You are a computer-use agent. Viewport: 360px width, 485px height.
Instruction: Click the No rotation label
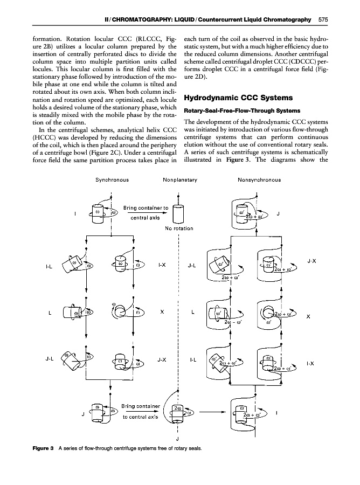(178, 228)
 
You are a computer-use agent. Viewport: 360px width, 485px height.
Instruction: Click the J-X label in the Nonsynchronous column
(311, 261)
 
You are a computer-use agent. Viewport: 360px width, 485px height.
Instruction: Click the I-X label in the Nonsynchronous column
(311, 363)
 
